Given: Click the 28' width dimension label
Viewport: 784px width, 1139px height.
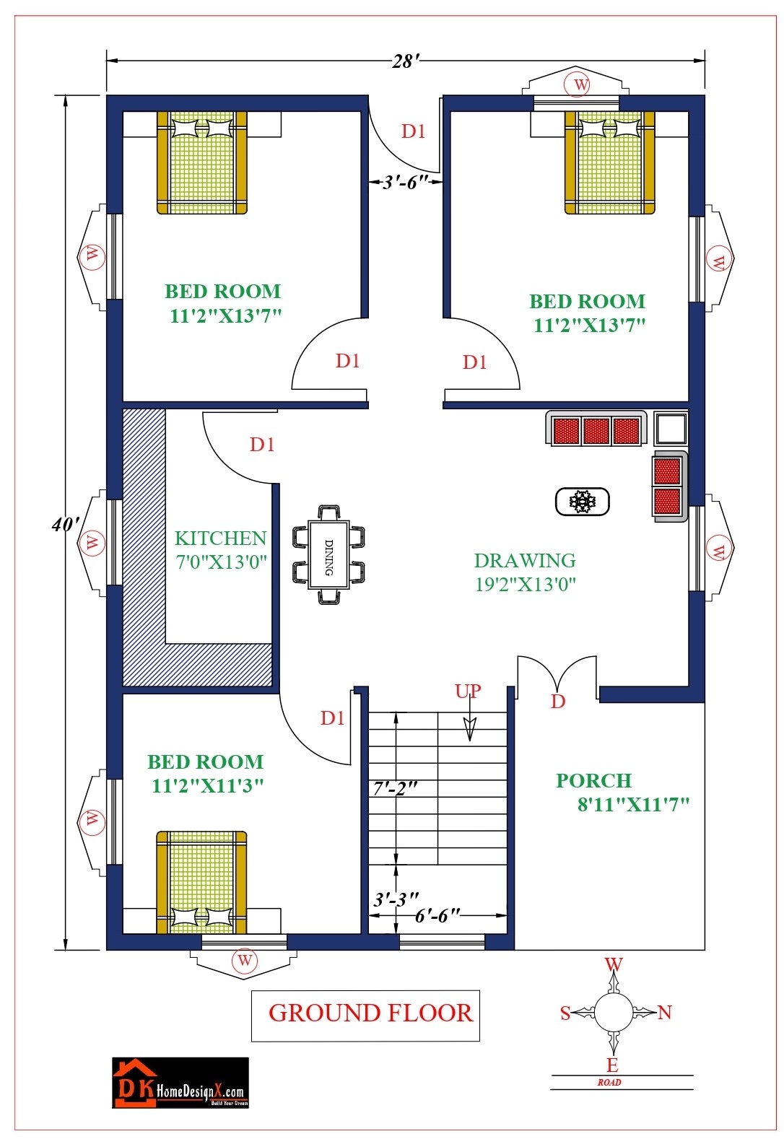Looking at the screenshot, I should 404,62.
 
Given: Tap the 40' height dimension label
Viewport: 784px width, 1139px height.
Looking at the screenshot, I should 64,524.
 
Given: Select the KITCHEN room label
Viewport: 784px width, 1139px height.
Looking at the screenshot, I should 221,538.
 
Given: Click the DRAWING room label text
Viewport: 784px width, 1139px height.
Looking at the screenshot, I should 525,561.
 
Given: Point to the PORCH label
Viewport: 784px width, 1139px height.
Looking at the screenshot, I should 593,781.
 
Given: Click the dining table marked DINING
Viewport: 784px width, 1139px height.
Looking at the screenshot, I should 328,554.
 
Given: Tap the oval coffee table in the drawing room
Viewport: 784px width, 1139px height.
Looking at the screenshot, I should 582,502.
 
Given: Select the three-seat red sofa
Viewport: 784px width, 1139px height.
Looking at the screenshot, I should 596,430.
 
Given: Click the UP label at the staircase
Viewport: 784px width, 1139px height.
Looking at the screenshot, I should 468,691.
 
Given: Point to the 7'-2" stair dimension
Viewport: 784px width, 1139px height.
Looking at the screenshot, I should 395,788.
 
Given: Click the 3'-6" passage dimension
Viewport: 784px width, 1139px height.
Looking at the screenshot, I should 406,182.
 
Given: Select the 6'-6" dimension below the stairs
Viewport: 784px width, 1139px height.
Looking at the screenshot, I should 437,915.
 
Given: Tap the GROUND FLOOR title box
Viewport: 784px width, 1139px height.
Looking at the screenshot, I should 366,1014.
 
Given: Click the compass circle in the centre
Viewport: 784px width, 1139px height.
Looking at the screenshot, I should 613,1012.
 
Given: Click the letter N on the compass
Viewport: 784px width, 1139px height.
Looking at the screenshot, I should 665,1013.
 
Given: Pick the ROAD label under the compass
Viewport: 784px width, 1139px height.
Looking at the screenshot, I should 609,1083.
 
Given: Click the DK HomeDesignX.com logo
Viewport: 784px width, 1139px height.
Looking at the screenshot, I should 180,1083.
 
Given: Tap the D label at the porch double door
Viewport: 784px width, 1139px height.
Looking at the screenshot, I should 558,702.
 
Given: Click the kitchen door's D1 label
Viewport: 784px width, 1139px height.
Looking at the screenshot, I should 262,445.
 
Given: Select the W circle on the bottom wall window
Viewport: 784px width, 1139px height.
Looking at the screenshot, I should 245,961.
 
